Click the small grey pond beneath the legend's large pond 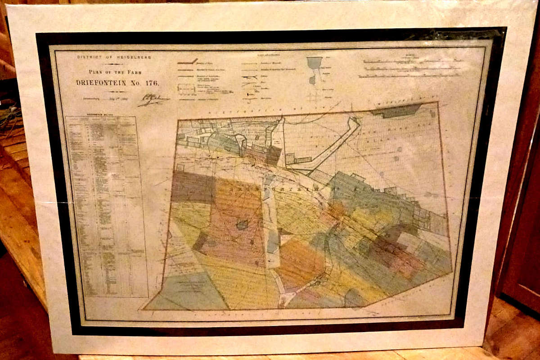312,80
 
